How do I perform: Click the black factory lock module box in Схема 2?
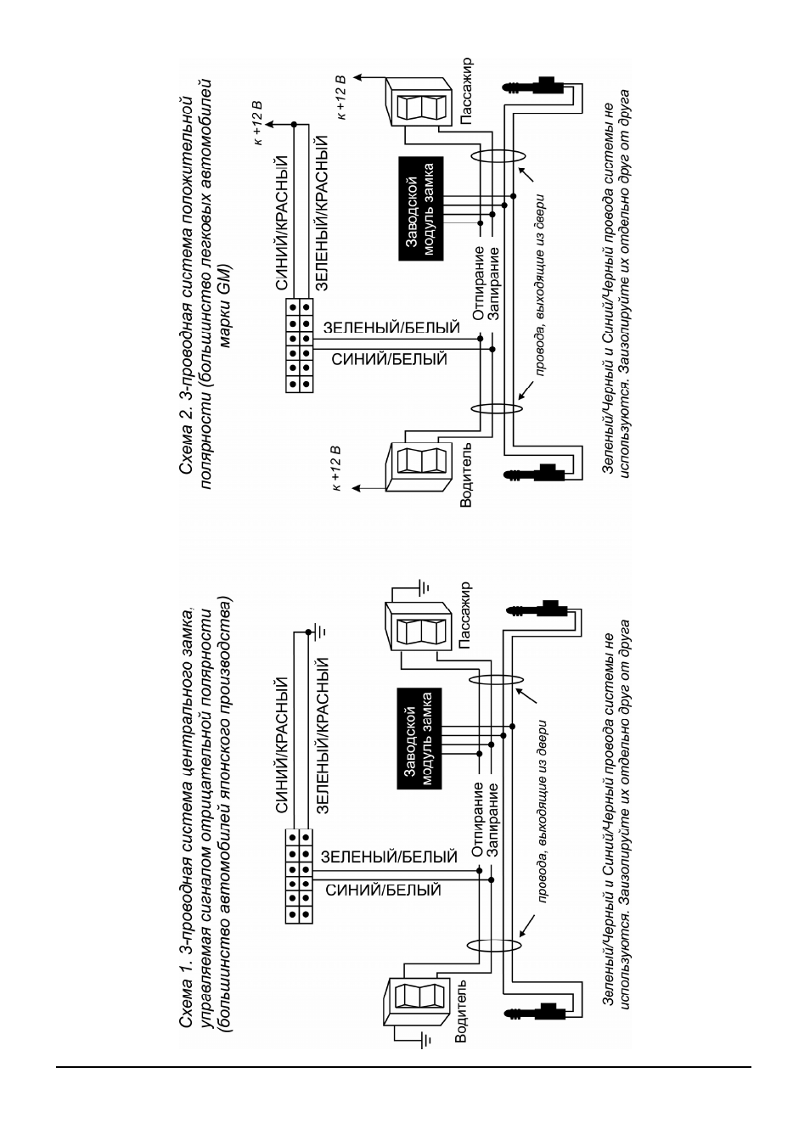point(421,209)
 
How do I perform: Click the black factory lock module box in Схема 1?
point(419,739)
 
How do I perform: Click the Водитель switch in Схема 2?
point(419,467)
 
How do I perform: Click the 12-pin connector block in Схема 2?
point(300,345)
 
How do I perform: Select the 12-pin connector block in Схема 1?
point(299,876)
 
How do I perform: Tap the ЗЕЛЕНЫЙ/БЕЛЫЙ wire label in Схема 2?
point(392,328)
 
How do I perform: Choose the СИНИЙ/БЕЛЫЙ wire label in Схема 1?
point(383,890)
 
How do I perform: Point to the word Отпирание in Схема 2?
point(478,283)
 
